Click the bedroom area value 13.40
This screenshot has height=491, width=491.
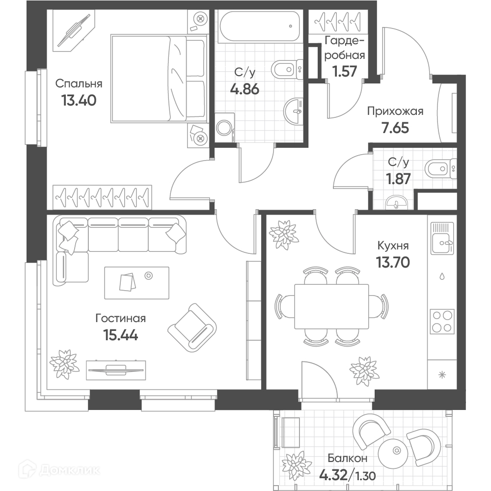tap(79, 101)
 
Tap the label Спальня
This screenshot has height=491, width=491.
tap(79, 83)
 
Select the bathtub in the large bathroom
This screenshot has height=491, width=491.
tap(260, 27)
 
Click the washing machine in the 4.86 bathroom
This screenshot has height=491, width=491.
tap(225, 128)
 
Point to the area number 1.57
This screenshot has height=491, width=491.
tap(345, 71)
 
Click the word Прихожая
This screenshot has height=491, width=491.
tap(395, 111)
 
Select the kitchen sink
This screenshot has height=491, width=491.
tap(442, 238)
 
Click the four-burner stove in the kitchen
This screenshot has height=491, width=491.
tap(442, 321)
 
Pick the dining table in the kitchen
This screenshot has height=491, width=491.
tap(331, 306)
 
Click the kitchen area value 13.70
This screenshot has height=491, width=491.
tap(393, 262)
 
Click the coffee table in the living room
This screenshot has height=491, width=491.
tap(136, 283)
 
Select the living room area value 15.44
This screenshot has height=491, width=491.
tap(121, 335)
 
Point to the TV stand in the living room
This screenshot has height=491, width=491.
tap(116, 370)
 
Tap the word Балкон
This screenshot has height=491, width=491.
tap(347, 458)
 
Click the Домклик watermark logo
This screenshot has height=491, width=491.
tap(59, 470)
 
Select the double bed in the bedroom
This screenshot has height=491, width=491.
tap(159, 78)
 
